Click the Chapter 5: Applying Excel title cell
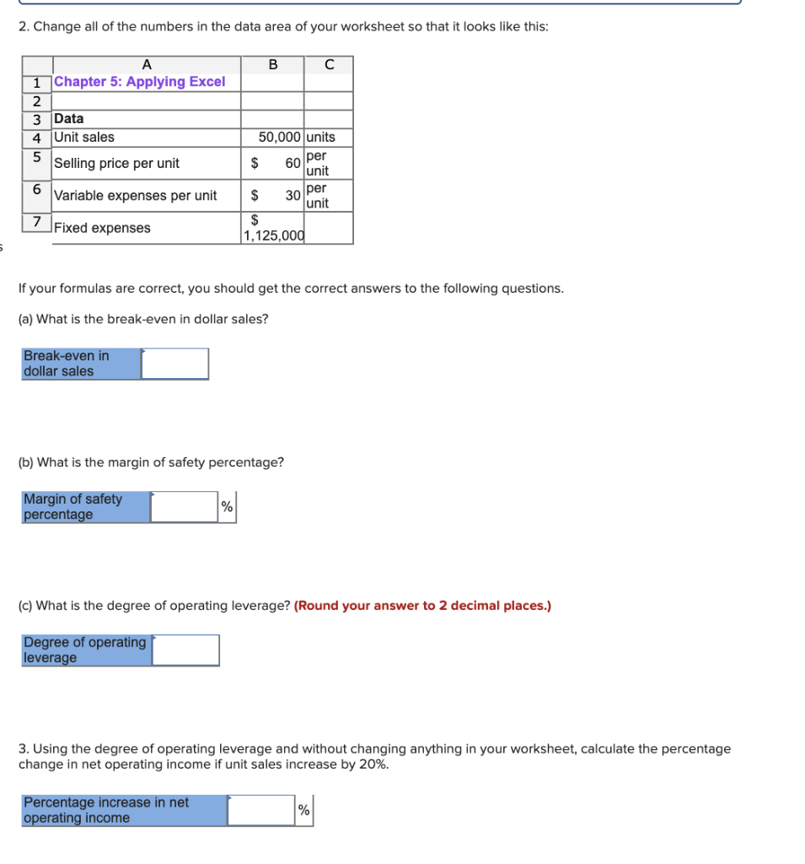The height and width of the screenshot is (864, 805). [140, 82]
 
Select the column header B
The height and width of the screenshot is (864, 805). [272, 64]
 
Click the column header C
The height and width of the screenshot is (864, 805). [329, 64]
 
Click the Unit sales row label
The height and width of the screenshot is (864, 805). [84, 137]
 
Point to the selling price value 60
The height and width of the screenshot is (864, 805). [292, 163]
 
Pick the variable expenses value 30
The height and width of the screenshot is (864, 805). [292, 195]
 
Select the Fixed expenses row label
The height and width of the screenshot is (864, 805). [102, 228]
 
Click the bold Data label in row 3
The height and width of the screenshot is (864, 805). [69, 119]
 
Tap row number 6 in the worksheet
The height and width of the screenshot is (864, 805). [37, 189]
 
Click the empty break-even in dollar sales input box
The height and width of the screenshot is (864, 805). [174, 364]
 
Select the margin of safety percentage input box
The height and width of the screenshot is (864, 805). [185, 507]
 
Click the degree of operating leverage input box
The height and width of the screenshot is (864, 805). [185, 651]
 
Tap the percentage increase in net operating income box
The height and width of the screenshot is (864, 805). [260, 810]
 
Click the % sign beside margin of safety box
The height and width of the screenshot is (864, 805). [227, 507]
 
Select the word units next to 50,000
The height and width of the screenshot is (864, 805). [320, 137]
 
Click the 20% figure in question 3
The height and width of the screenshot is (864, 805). [373, 764]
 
